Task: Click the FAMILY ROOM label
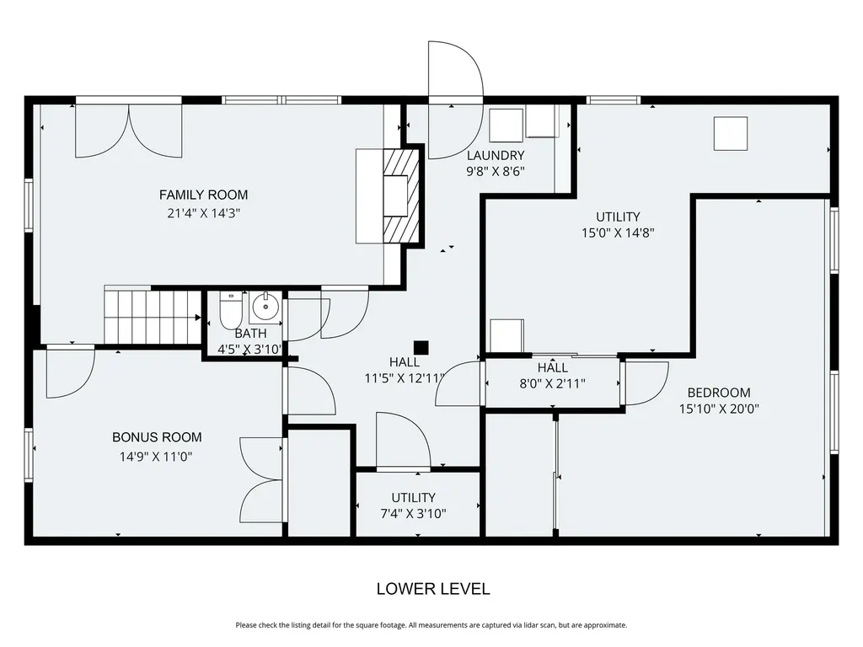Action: (204, 195)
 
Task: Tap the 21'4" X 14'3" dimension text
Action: (204, 213)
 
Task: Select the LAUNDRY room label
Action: (496, 155)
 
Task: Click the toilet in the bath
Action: (229, 311)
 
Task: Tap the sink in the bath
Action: (265, 307)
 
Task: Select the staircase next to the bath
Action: (153, 317)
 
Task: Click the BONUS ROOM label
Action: (157, 437)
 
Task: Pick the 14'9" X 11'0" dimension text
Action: (156, 457)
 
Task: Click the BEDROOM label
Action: (719, 393)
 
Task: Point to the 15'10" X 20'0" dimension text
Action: (719, 409)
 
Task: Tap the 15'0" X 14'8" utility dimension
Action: (618, 233)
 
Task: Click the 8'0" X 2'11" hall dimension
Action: (552, 383)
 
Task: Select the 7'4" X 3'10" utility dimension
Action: (413, 514)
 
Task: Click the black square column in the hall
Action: (421, 348)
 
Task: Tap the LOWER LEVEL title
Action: (433, 589)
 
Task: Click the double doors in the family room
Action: (128, 131)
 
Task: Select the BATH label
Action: (250, 334)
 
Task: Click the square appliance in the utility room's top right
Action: (731, 133)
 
